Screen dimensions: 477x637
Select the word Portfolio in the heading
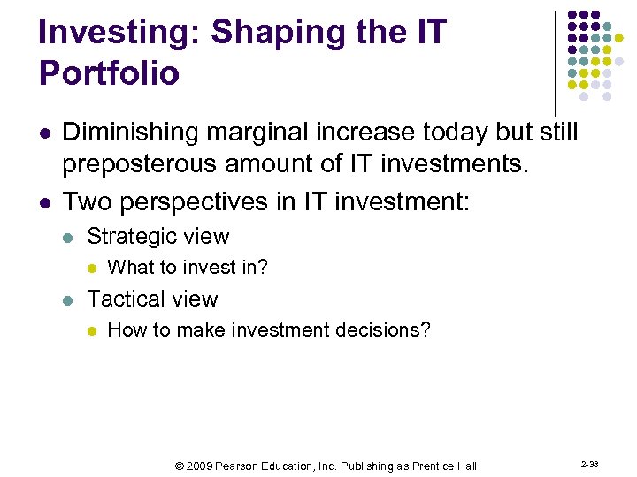click(109, 73)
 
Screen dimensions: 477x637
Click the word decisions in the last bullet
click(385, 330)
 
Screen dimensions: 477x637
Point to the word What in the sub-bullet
click(127, 268)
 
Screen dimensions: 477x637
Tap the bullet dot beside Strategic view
click(70, 238)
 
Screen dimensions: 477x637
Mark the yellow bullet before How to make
click(90, 331)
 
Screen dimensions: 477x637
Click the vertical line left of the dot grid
click(555, 62)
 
